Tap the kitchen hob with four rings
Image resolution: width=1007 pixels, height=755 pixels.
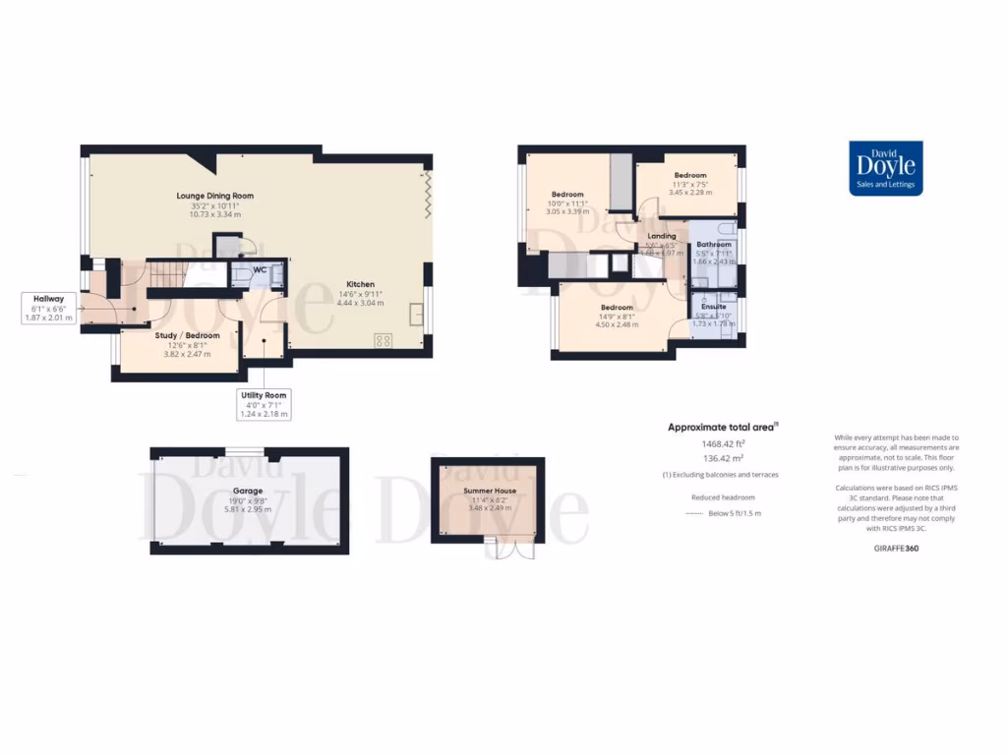click(383, 340)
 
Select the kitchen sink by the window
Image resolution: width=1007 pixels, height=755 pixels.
click(418, 316)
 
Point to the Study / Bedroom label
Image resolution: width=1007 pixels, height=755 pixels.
click(187, 335)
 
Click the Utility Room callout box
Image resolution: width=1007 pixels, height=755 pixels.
click(265, 404)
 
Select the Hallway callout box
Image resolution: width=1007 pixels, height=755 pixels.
click(48, 308)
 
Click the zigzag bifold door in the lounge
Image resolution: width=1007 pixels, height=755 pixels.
click(426, 194)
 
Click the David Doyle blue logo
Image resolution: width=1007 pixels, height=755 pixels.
click(885, 168)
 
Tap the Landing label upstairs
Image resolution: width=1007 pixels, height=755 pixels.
click(661, 236)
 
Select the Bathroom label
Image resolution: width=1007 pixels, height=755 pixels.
click(714, 244)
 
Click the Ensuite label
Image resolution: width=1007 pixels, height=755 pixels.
click(714, 306)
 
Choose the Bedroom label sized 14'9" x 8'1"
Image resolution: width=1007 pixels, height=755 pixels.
click(618, 307)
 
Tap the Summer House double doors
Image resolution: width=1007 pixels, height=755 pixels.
click(507, 550)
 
